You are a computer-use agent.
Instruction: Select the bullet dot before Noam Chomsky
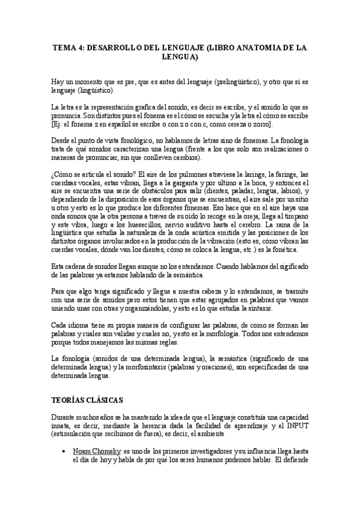64,450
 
